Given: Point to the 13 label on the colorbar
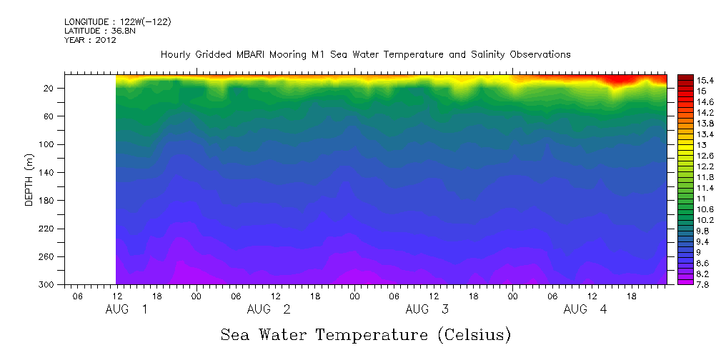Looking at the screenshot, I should point(682,145).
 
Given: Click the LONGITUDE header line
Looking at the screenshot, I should point(118,22).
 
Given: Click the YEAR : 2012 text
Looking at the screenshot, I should point(90,40).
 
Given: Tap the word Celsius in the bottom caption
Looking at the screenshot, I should point(471,335).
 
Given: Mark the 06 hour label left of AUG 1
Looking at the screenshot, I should point(77,296).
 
